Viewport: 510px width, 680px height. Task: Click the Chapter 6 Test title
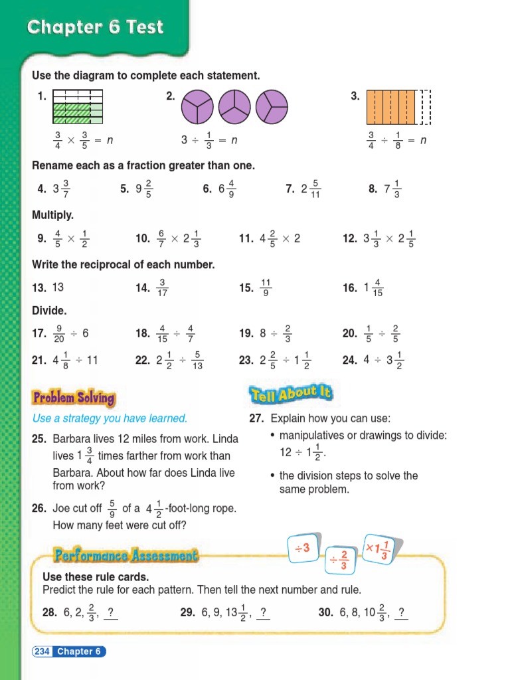pos(95,28)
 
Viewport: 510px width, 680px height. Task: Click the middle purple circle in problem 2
pos(234,107)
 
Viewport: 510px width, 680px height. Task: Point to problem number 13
pos(39,288)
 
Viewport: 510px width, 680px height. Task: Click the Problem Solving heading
pos(74,398)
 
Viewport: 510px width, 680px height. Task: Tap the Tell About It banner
pos(291,394)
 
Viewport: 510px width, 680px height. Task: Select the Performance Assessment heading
pos(126,555)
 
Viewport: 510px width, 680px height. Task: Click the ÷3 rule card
pos(303,549)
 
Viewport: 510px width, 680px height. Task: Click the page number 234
pos(42,651)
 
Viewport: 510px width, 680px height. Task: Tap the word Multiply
pos(53,215)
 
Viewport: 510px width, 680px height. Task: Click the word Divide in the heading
pos(50,311)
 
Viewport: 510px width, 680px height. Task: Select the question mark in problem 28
pos(110,612)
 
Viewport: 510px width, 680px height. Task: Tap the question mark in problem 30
pos(400,612)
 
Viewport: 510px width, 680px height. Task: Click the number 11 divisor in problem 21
pos(92,361)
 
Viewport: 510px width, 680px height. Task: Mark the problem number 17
pos(39,333)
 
